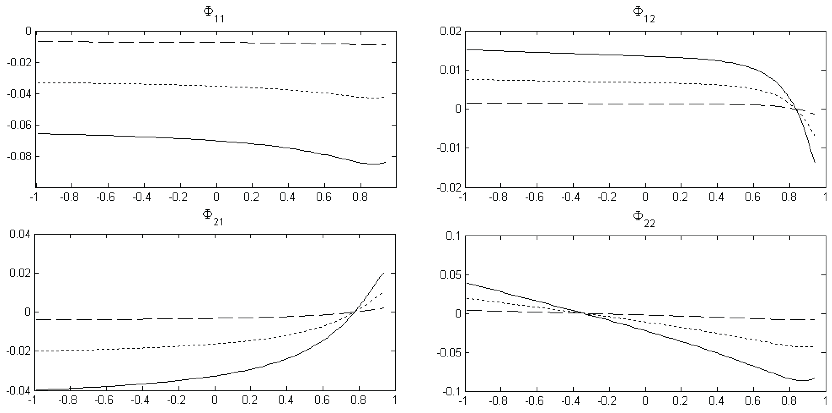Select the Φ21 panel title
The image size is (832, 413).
213,217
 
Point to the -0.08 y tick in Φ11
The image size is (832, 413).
19,157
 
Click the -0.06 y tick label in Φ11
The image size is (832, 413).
19,125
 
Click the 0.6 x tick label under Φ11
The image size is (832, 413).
324,197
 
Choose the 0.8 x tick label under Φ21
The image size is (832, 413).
358,400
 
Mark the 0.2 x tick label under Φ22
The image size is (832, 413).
680,401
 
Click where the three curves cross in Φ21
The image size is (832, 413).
355,311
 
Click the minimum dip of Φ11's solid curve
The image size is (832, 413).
371,164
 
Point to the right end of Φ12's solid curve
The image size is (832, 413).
815,162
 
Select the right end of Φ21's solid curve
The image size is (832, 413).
384,273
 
